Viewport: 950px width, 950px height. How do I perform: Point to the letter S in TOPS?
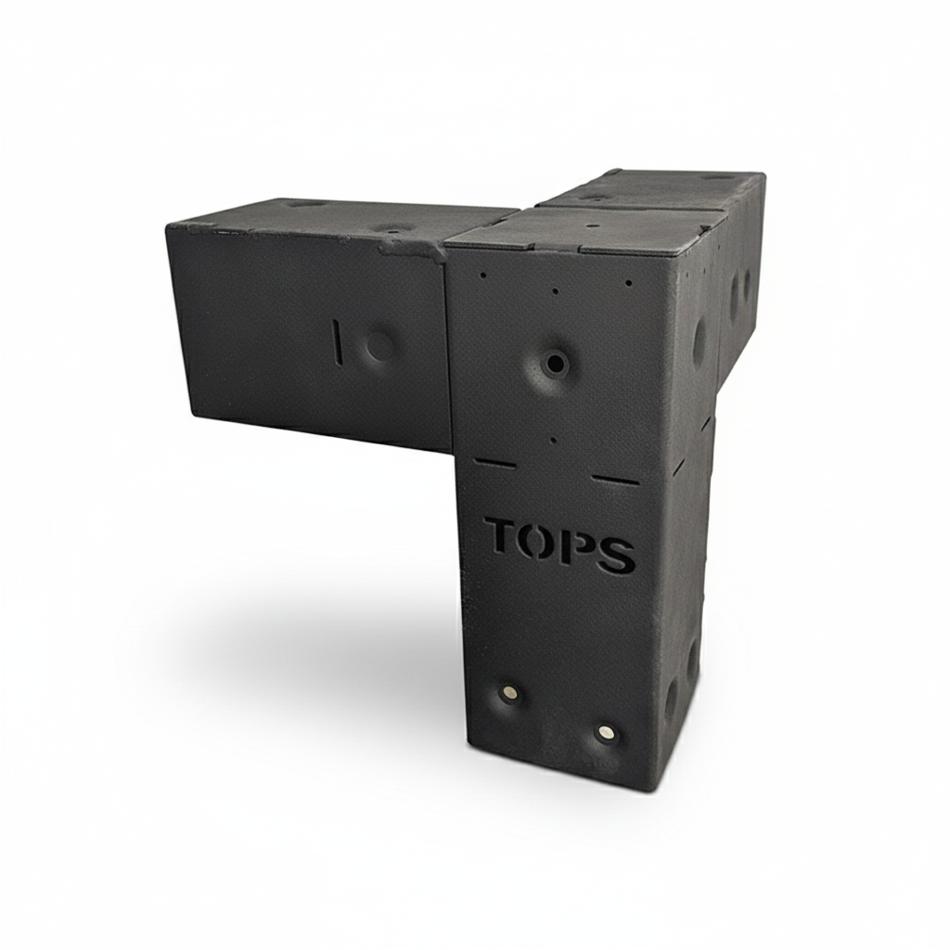(x=616, y=554)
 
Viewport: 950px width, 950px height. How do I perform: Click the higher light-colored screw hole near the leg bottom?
(x=509, y=694)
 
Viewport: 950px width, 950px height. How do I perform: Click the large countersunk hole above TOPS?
(x=554, y=364)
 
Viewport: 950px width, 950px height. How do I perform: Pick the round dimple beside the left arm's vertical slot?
(x=379, y=346)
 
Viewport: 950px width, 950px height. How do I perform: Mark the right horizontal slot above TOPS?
(x=615, y=480)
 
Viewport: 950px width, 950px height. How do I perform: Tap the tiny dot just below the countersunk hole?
(x=553, y=441)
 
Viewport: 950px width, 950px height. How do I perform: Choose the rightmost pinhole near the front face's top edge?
(x=628, y=281)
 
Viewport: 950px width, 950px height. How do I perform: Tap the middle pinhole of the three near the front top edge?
(x=555, y=290)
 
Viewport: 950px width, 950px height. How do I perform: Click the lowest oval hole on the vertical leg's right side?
(x=671, y=700)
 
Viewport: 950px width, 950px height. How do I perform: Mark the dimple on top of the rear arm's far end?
(x=717, y=176)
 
